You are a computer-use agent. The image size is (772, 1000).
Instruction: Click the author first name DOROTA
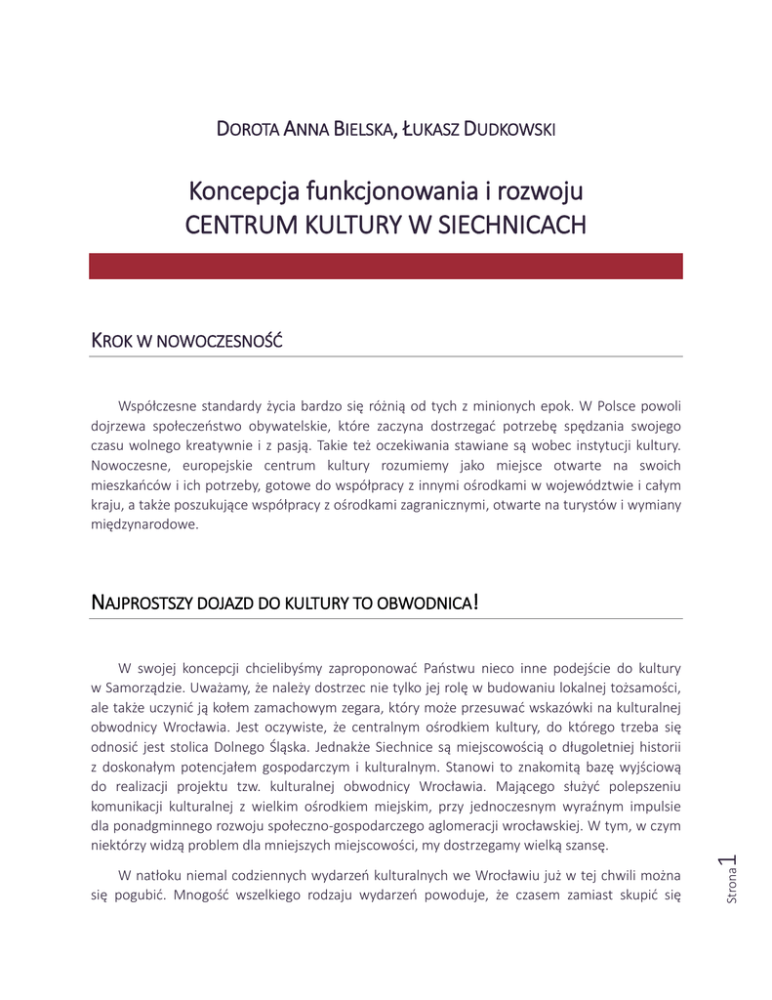pos(247,129)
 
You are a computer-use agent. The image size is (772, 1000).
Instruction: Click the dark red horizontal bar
pos(386,267)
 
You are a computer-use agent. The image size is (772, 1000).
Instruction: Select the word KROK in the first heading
pos(110,342)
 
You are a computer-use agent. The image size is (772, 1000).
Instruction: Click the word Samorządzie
pos(150,687)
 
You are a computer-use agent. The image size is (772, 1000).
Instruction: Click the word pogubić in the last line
pos(138,896)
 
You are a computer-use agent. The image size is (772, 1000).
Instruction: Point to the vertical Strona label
pos(732,887)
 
